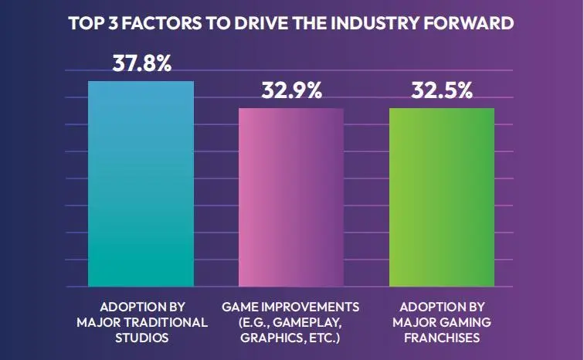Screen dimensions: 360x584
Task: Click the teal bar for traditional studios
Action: [x=141, y=182]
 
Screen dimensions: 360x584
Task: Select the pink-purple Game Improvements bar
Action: [x=290, y=196]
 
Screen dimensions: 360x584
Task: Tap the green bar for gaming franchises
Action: [x=441, y=196]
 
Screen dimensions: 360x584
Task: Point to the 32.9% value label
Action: [x=290, y=91]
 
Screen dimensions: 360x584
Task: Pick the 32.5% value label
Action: [x=441, y=91]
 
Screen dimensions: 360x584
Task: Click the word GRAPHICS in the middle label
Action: [x=271, y=338]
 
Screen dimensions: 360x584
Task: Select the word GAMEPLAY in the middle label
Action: [x=300, y=321]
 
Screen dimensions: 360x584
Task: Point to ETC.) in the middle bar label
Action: [x=324, y=338]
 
